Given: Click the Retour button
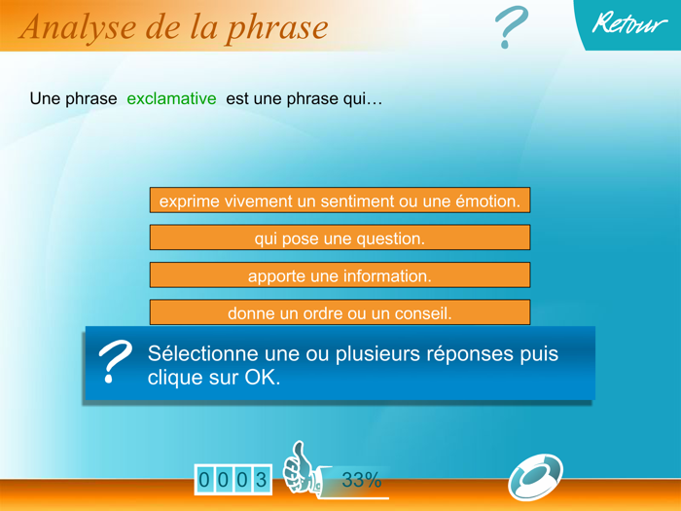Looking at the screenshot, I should tap(630, 24).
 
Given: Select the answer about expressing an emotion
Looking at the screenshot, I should tap(340, 201).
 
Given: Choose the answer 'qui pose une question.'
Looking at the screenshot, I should tap(340, 238).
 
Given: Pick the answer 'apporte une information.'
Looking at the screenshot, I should tap(340, 276).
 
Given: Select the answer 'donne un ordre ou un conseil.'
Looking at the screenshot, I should tap(340, 312).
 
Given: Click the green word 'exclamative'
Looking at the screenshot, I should tap(171, 99).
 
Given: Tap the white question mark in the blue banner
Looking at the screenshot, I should tap(116, 363).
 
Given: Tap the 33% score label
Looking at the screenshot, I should tap(361, 479).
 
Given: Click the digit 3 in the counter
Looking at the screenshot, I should tap(261, 480).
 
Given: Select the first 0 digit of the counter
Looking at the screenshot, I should tap(204, 480).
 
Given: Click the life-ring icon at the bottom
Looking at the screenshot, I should tap(535, 477).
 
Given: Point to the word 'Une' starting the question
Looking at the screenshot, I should tap(46, 99).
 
